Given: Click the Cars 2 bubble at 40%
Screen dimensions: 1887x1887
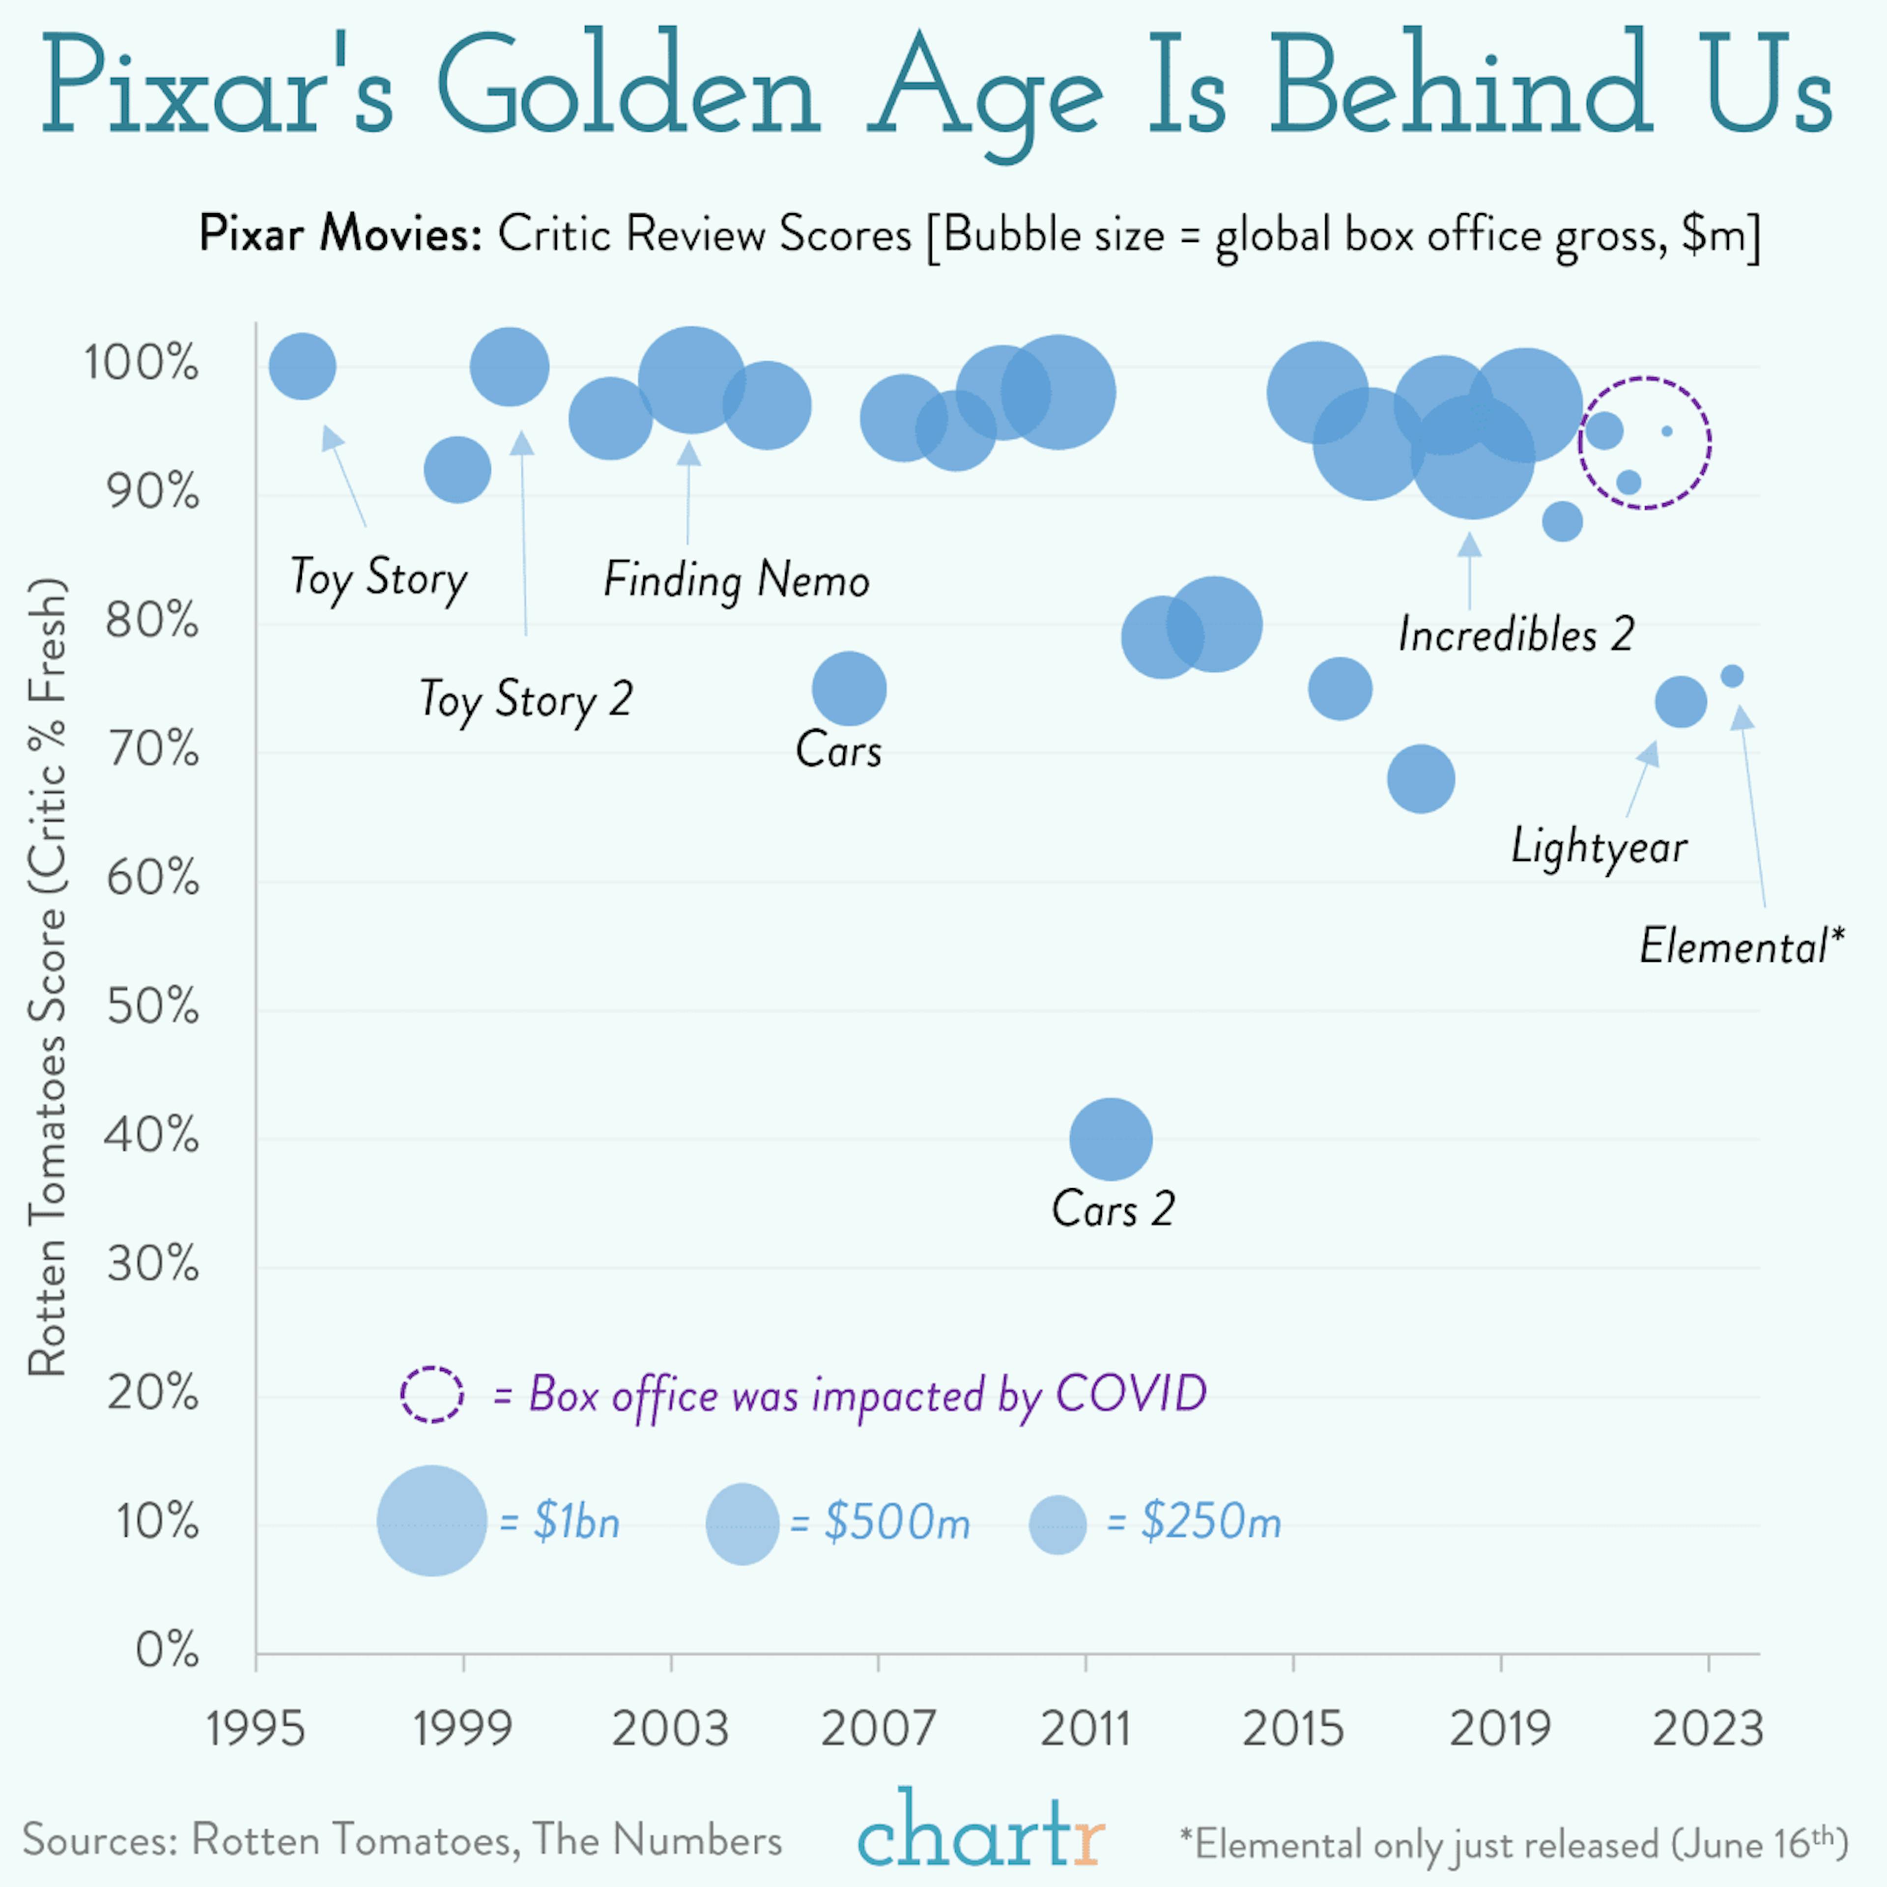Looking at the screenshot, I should click(x=1111, y=1139).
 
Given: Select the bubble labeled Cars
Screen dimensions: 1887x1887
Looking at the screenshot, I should click(x=849, y=688).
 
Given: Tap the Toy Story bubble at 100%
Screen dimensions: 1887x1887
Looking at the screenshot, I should click(x=302, y=366).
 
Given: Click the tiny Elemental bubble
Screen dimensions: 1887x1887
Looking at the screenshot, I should click(x=1732, y=676).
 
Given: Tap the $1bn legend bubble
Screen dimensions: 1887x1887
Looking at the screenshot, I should click(x=432, y=1521).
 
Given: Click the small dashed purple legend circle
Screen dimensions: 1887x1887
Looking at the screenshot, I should click(x=432, y=1394).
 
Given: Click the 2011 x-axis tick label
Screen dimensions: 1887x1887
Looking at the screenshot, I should click(x=1085, y=1729).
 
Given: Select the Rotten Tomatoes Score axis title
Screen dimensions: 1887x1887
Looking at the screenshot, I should click(x=47, y=977).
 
